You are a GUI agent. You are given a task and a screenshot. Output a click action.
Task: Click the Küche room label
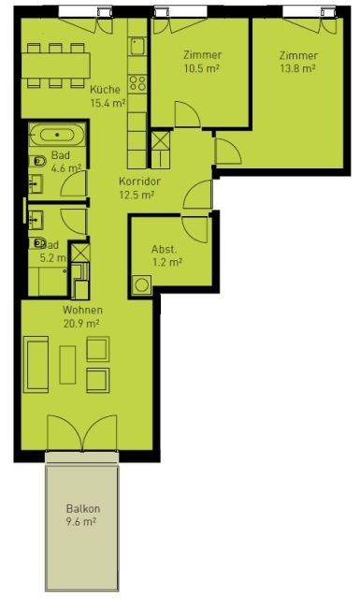(x=104, y=89)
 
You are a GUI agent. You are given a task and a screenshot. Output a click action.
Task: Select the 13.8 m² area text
(x=297, y=68)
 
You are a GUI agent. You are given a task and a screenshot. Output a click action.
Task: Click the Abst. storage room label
(x=165, y=249)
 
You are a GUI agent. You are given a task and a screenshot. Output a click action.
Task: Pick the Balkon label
(x=82, y=509)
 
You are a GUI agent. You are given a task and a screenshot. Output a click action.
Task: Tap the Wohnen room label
(x=82, y=310)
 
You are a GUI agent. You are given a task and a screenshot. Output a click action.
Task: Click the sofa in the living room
(x=38, y=366)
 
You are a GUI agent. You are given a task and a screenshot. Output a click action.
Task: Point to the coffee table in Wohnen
(x=67, y=364)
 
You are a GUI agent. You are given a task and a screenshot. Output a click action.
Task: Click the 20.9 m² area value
(x=82, y=323)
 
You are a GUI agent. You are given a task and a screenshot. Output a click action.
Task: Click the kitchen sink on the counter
(x=136, y=47)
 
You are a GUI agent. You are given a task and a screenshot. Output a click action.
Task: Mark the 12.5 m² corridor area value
(x=137, y=195)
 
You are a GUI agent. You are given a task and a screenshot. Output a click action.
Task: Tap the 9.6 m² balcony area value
(x=82, y=522)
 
